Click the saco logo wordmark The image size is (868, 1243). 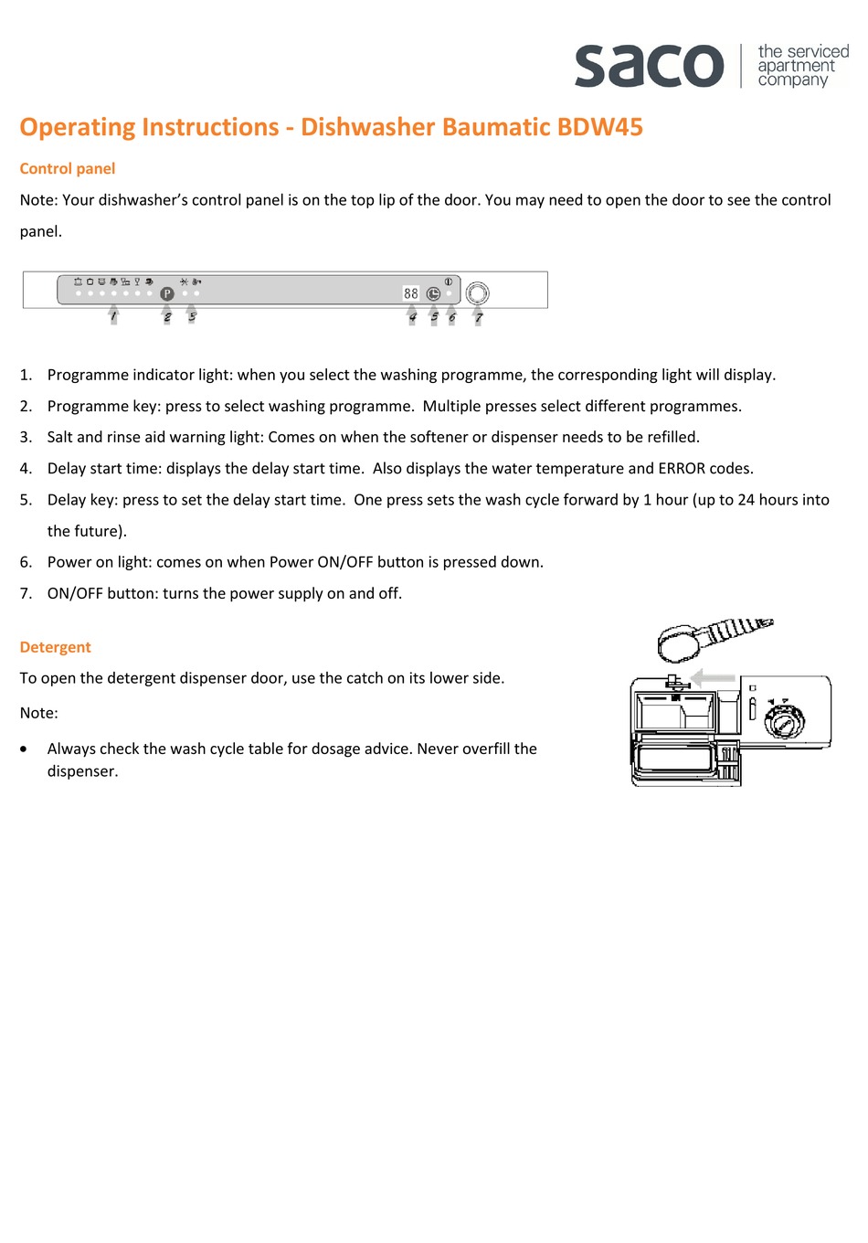[649, 66]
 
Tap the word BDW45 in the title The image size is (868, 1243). [600, 127]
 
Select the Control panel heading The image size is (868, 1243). [68, 169]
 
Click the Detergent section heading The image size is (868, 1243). [56, 647]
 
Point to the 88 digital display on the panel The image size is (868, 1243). [411, 293]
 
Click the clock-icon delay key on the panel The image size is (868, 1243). [433, 293]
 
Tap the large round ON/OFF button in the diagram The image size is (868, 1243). [477, 293]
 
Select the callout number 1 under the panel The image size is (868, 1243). [113, 317]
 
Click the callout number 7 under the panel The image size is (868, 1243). [478, 318]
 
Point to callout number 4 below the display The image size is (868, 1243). [412, 317]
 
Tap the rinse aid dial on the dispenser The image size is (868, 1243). [784, 723]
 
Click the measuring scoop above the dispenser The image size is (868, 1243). [681, 643]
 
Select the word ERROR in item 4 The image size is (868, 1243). [682, 469]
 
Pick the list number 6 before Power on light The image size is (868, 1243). [26, 562]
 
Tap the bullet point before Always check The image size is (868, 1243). [25, 749]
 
